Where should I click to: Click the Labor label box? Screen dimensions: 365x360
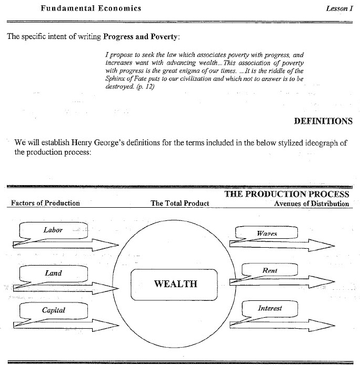coord(53,230)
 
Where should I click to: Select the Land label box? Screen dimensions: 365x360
coord(53,273)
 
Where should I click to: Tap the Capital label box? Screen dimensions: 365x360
coord(53,310)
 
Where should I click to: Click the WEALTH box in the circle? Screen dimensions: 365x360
coord(175,284)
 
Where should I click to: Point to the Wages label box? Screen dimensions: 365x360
coord(267,233)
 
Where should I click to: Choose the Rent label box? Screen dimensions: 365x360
coord(269,270)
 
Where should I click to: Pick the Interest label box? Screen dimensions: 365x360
coord(269,309)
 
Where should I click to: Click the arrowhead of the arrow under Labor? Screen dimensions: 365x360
coord(112,244)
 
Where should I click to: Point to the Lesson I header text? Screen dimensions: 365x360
coord(339,9)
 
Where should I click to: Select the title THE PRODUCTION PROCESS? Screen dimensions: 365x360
coord(287,194)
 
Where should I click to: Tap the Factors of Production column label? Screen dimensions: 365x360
coord(45,203)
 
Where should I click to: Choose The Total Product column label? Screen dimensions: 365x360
coord(180,203)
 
